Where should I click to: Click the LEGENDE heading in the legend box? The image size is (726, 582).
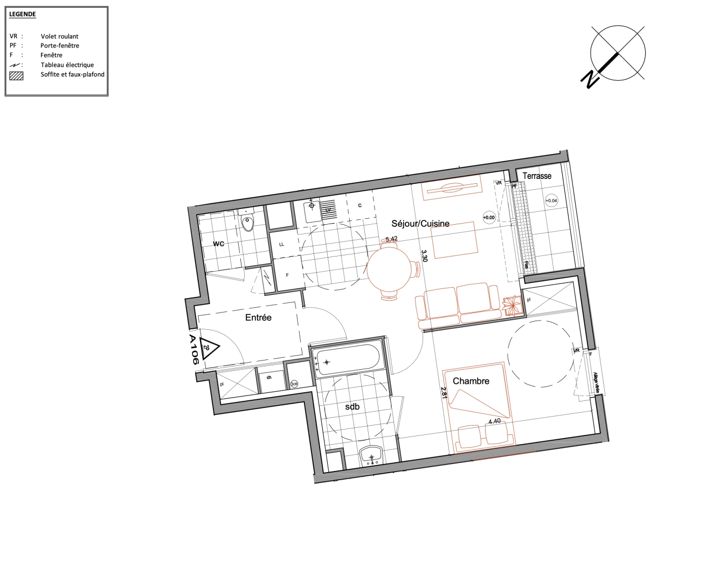23,14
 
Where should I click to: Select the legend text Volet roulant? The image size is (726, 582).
59,36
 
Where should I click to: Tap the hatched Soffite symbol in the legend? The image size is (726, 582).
16,75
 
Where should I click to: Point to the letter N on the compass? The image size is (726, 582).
590,79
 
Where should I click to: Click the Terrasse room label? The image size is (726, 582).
537,176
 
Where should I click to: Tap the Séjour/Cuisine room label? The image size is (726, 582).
420,224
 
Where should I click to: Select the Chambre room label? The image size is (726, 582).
471,381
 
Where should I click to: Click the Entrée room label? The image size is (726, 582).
258,317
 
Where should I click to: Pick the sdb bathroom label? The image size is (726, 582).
352,407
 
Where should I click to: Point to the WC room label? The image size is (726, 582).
218,244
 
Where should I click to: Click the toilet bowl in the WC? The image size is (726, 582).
248,223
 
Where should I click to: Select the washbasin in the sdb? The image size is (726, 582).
371,455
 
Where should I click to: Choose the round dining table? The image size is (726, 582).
390,269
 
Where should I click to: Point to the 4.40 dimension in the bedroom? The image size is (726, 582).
494,421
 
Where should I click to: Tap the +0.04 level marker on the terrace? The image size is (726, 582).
551,200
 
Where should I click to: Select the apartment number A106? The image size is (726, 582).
193,350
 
